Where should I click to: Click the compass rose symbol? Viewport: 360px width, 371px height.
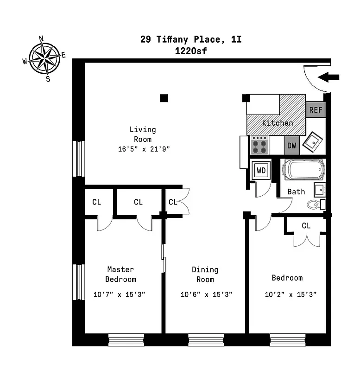pos(44,58)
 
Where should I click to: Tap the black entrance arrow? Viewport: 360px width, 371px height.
pos(329,77)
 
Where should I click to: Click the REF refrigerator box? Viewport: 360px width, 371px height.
pos(316,110)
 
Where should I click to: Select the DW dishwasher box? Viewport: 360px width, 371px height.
pos(291,146)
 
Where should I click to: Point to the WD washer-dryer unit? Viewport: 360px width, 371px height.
pos(261,170)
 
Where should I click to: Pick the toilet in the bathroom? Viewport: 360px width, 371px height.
pos(316,204)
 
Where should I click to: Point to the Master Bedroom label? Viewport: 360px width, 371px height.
pos(120,274)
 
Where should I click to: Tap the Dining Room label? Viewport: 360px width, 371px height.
pos(205,275)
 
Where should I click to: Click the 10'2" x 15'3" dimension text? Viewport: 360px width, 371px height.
pos(291,294)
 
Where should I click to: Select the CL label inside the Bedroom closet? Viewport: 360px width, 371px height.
pos(306,226)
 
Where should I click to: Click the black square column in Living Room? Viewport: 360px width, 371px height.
pos(164,98)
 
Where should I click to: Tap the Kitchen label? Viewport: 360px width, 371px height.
pos(278,123)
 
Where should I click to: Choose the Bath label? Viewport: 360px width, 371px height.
pos(296,192)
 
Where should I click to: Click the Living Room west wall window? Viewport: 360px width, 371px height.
pos(78,159)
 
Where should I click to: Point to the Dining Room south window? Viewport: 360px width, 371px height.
pos(206,340)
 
